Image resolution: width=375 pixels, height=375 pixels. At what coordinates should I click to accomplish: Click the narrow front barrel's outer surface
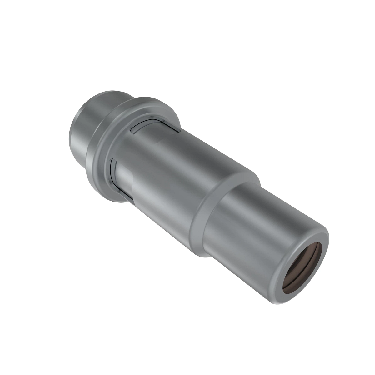coord(250,237)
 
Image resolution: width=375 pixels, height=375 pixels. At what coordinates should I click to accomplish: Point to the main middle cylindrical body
coord(175,166)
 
